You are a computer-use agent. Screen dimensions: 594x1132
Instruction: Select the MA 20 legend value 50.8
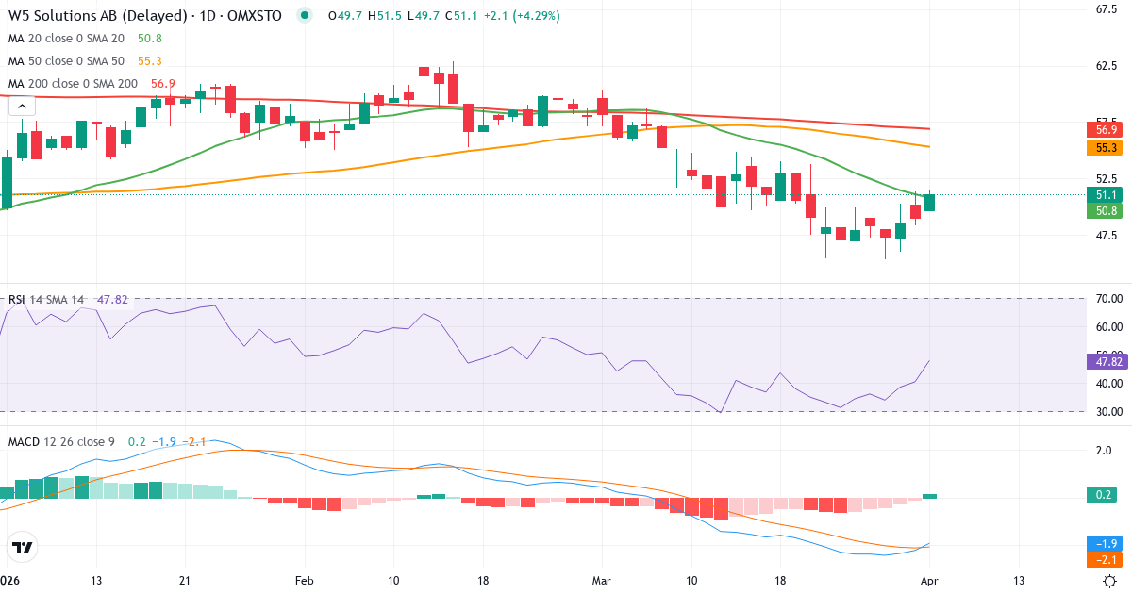click(150, 39)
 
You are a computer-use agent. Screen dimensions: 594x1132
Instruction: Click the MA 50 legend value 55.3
click(150, 61)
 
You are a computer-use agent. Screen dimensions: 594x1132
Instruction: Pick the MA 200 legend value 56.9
click(162, 84)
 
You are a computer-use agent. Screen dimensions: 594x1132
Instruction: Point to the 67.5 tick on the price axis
click(1107, 10)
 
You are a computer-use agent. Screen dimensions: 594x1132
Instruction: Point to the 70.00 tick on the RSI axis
click(1108, 299)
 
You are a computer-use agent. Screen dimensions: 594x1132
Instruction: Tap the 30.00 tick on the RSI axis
click(1108, 412)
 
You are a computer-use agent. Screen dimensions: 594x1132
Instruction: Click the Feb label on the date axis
click(303, 581)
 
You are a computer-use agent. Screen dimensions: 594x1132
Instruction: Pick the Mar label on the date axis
click(601, 581)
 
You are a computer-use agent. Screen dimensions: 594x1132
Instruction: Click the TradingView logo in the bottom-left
click(22, 547)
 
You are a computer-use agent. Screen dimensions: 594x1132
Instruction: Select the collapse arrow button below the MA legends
click(22, 107)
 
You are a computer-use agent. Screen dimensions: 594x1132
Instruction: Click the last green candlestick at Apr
click(930, 202)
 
